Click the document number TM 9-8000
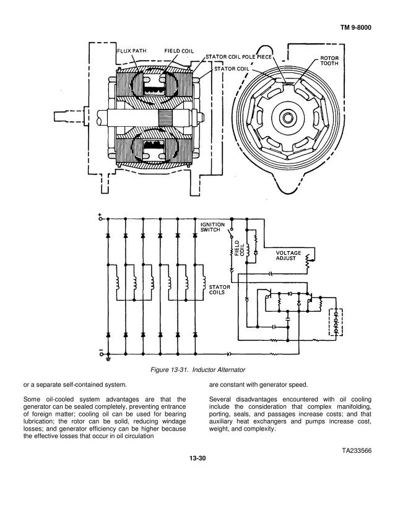[x=355, y=27]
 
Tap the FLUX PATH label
[x=132, y=51]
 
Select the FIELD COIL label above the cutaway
[x=179, y=51]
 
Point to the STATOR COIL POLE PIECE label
[x=238, y=57]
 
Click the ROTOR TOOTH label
[x=329, y=61]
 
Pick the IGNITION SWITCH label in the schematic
[x=212, y=227]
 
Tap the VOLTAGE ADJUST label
[x=289, y=255]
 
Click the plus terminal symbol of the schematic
[x=100, y=217]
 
